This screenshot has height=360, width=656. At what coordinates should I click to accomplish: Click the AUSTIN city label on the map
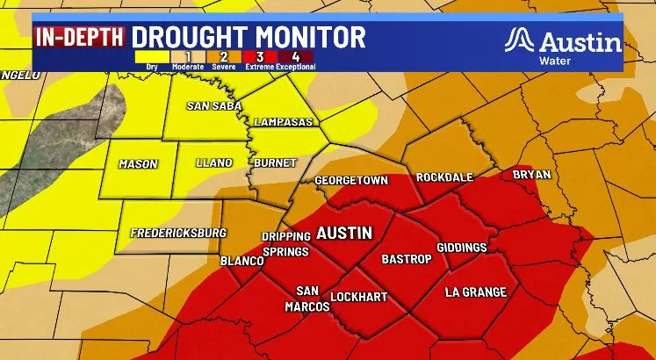(x=344, y=234)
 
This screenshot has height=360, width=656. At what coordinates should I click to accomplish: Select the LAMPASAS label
(x=283, y=122)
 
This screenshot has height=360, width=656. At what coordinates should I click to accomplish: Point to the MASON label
(x=138, y=162)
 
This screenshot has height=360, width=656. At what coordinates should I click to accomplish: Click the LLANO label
(x=213, y=162)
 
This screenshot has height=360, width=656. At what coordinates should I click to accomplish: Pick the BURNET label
(x=269, y=162)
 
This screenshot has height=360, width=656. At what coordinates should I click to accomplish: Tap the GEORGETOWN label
(x=351, y=180)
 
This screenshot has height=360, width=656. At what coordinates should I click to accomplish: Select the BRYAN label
(x=531, y=175)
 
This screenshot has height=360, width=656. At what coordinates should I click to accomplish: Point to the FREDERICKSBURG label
(x=177, y=234)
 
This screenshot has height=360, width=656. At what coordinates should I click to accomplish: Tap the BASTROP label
(x=405, y=260)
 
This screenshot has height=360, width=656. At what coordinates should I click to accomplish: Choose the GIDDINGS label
(x=461, y=248)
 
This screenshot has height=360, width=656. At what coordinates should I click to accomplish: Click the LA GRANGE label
(x=475, y=292)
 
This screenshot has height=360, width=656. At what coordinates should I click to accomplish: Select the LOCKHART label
(x=360, y=298)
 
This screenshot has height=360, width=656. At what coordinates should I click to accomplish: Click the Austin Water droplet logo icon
(x=521, y=40)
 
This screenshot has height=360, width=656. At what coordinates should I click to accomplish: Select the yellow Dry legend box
(x=152, y=57)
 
